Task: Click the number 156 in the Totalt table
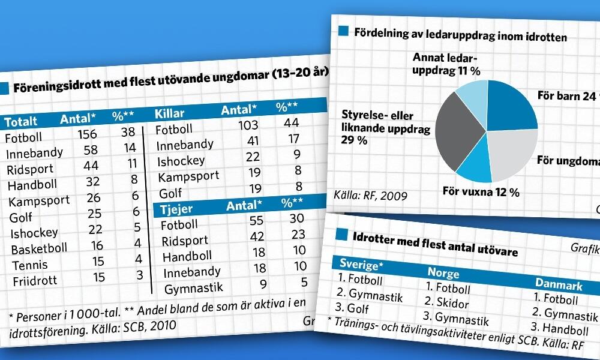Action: pos(88,134)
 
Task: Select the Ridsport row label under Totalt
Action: pos(30,169)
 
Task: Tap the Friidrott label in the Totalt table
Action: pos(34,280)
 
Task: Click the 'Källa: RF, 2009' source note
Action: pos(370,195)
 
